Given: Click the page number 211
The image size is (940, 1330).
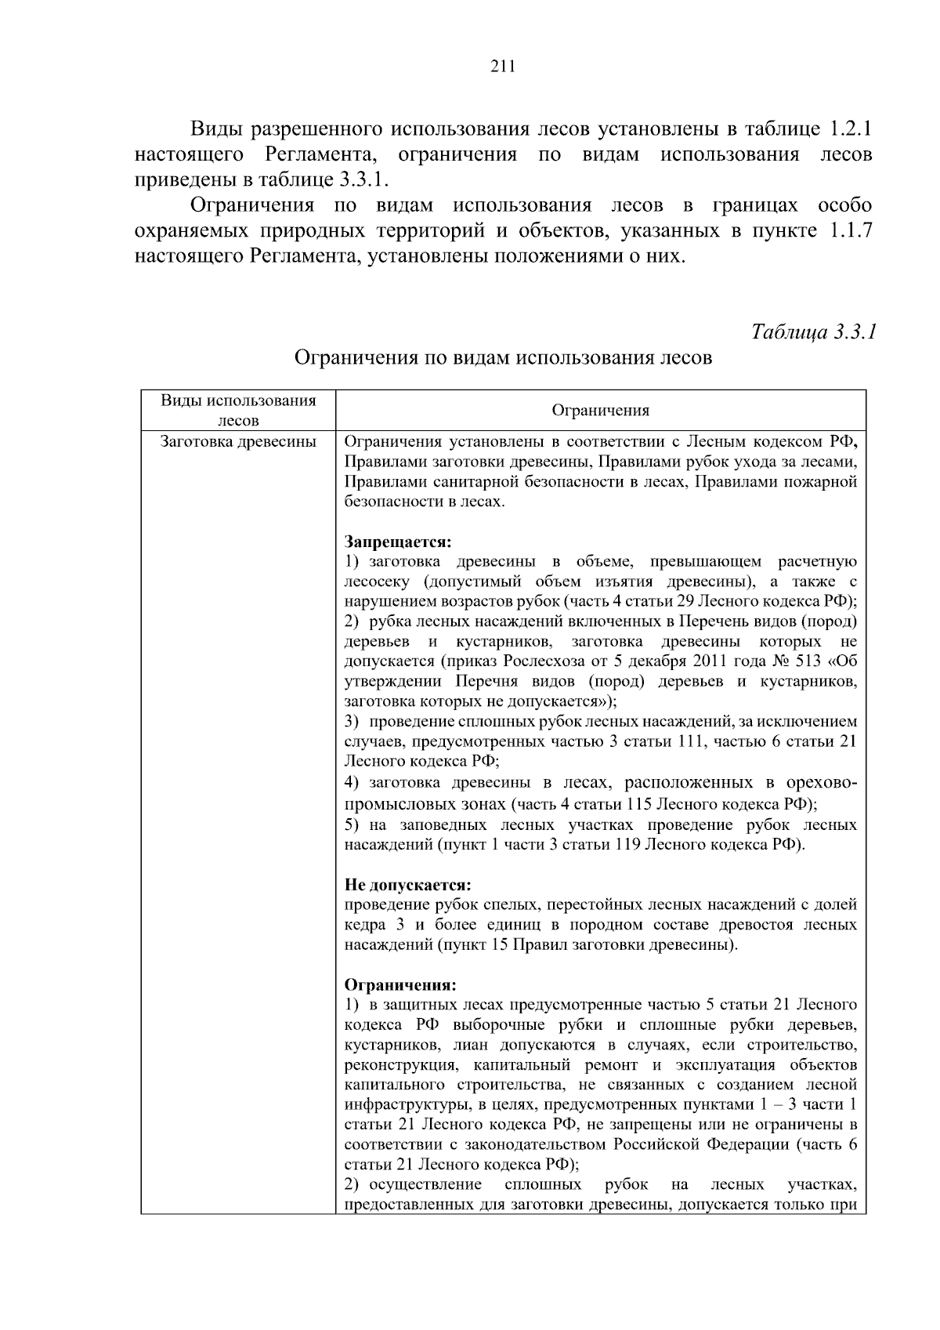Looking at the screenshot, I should [502, 67].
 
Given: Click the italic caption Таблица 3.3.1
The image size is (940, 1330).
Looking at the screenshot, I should [814, 332].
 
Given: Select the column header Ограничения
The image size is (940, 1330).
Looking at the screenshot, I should [600, 411].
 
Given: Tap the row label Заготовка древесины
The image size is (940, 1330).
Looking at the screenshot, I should [238, 442].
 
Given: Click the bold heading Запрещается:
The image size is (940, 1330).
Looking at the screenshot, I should [399, 542].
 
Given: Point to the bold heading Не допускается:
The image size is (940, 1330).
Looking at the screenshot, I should [408, 885].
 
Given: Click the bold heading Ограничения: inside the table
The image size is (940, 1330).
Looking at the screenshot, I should [400, 984].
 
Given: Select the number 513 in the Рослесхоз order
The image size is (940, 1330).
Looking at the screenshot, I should [808, 661].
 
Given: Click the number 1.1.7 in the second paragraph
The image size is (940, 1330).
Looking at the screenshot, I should [850, 231].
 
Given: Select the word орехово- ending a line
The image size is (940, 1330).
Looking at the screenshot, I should [817, 782].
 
